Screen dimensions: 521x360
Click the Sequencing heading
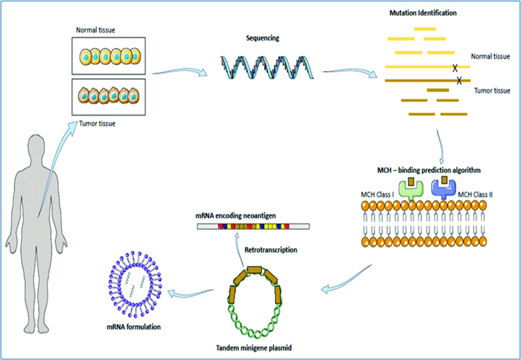[x=262, y=38]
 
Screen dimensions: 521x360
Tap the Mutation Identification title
[x=422, y=14]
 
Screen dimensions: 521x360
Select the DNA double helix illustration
[x=267, y=67]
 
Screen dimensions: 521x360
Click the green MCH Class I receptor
[x=411, y=189]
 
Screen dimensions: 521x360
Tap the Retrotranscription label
[x=271, y=249]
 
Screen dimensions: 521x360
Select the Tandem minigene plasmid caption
[x=254, y=348]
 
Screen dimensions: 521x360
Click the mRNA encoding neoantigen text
[x=235, y=216]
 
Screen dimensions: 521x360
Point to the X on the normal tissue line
[x=455, y=68]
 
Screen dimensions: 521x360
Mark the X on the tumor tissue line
[x=459, y=81]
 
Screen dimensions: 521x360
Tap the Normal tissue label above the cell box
[x=96, y=30]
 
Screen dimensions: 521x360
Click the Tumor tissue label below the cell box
[x=97, y=124]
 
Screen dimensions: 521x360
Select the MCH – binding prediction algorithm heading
[x=429, y=170]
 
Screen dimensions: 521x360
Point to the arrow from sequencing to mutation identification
[x=349, y=73]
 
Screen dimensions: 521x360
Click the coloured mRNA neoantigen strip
[x=253, y=226]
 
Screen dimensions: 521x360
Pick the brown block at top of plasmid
[x=255, y=269]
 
